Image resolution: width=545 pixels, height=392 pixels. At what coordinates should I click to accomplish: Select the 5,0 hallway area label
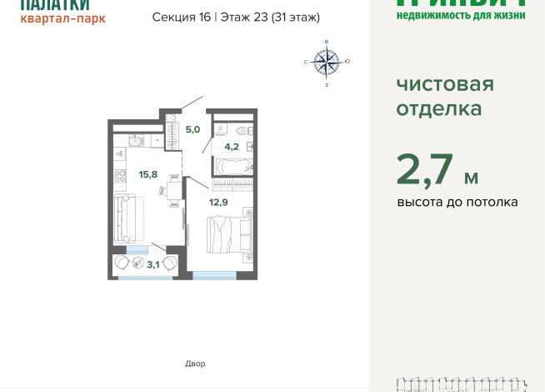tap(192, 129)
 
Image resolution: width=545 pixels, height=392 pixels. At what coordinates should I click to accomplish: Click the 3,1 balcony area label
tap(153, 264)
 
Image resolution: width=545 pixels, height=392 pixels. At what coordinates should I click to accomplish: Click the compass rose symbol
tap(327, 62)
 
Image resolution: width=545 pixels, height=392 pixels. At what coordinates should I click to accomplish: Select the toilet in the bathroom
tap(242, 130)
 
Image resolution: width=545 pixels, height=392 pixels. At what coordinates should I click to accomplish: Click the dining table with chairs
tap(173, 191)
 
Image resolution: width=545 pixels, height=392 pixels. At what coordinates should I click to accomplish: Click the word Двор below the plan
tap(195, 364)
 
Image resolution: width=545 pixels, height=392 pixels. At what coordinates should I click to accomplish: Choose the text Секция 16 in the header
tap(182, 17)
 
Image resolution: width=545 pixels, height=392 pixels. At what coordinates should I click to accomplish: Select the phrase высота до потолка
tap(457, 202)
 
